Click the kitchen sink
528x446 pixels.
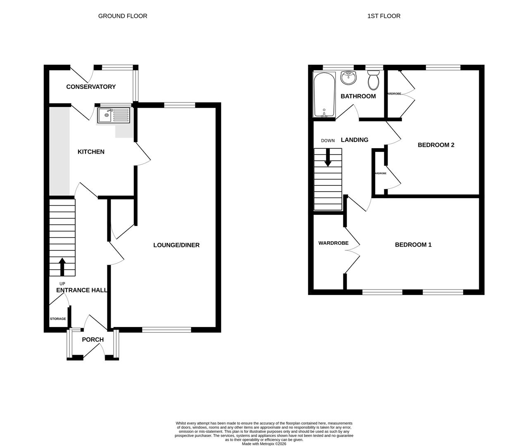tap(113, 116)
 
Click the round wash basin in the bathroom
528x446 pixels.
tap(348, 77)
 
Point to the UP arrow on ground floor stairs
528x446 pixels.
tap(62, 266)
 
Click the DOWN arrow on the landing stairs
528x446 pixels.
tap(328, 157)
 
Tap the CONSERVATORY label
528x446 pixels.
tap(91, 87)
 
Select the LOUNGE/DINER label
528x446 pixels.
tap(176, 245)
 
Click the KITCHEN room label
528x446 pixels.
tap(91, 152)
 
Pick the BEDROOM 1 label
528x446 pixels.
tap(413, 245)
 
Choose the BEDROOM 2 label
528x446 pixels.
tap(436, 145)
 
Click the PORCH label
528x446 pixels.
tap(93, 340)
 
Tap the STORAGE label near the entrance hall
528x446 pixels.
tap(58, 319)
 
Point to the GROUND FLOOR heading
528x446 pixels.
tap(123, 16)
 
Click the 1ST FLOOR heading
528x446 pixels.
tap(384, 16)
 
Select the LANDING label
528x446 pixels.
tap(354, 140)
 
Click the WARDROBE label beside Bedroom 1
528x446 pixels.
tap(333, 243)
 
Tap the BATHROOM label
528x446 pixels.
tap(358, 96)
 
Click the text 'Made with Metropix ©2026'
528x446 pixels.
tap(264, 444)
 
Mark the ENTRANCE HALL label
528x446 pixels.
tap(82, 290)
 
